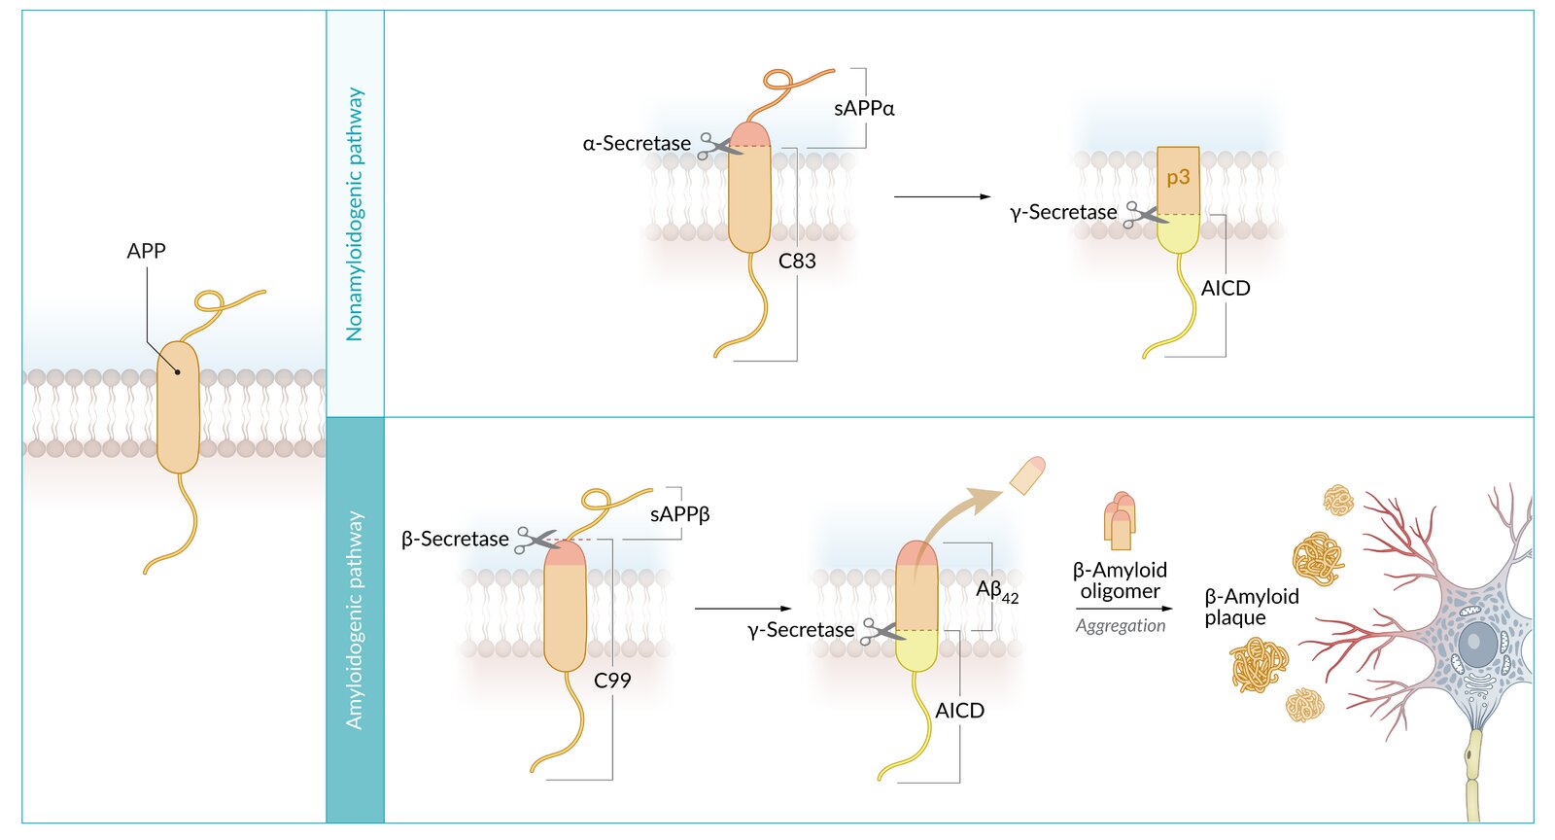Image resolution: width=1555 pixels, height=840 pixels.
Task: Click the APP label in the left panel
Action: click(x=146, y=251)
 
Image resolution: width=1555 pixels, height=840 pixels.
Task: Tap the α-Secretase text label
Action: click(x=637, y=144)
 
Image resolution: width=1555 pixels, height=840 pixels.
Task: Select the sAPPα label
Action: click(x=864, y=109)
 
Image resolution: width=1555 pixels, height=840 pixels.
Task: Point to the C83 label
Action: click(x=797, y=261)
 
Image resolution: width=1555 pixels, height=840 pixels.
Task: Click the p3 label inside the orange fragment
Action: click(x=1178, y=177)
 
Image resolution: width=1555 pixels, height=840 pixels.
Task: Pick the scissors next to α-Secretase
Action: click(x=718, y=146)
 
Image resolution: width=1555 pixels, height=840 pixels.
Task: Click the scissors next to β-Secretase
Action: click(x=536, y=540)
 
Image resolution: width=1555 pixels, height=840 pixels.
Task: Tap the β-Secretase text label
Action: click(x=455, y=539)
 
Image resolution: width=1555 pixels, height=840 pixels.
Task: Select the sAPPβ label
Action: click(x=679, y=514)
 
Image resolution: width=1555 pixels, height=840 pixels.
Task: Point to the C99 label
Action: click(x=612, y=681)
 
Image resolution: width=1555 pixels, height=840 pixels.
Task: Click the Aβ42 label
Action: click(x=996, y=590)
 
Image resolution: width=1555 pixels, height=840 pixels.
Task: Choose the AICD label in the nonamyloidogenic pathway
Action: click(x=1226, y=289)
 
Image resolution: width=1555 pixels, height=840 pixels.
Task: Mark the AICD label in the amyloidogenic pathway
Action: click(x=959, y=711)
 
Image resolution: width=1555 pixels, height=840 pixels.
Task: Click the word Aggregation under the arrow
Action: click(x=1120, y=626)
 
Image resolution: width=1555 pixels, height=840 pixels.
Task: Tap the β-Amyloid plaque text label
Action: click(x=1251, y=607)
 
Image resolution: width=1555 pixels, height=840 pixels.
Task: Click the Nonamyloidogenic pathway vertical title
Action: click(x=355, y=214)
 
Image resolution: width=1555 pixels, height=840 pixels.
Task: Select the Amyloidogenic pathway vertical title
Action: click(x=355, y=620)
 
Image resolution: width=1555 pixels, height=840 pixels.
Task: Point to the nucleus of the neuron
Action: click(x=1477, y=643)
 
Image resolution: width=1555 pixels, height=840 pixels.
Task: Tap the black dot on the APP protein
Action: click(x=178, y=372)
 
